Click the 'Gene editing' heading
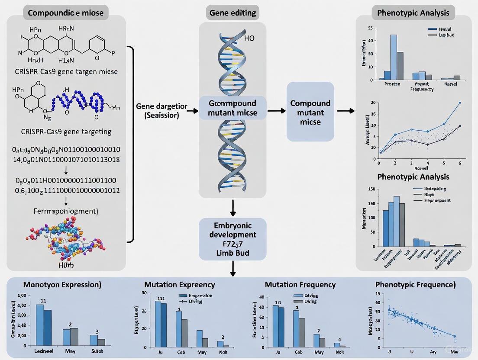pos(233,13)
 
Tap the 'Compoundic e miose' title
pos(66,13)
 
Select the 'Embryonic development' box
pos(233,239)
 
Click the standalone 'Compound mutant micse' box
pos(310,112)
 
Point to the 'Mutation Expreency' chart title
pos(179,285)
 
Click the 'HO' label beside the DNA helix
pos(249,39)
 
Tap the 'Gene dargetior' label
pos(161,106)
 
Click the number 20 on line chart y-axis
pos(373,103)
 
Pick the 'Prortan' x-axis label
pos(392,84)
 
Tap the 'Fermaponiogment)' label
pos(66,212)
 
